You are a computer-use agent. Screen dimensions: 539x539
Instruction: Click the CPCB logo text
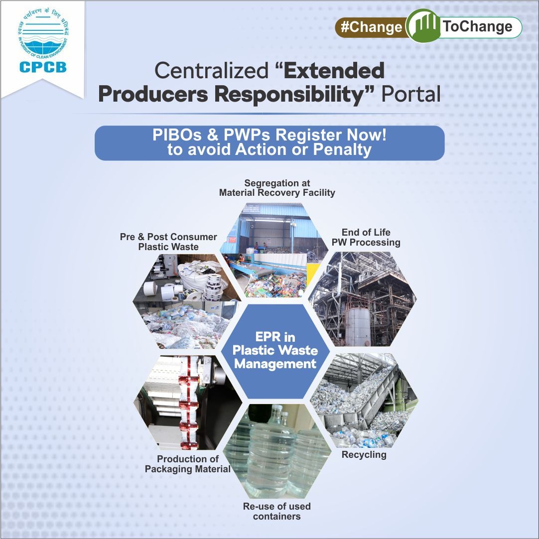pyautogui.click(x=43, y=67)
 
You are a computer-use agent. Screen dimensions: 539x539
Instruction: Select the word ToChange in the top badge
pyautogui.click(x=477, y=27)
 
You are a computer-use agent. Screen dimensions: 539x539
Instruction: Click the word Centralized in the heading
pyautogui.click(x=211, y=71)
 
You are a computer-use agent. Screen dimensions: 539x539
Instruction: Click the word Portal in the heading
pyautogui.click(x=411, y=95)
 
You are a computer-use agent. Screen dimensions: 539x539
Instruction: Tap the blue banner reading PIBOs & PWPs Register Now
pyautogui.click(x=269, y=143)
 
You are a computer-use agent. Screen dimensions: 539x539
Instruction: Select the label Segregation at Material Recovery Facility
pyautogui.click(x=277, y=188)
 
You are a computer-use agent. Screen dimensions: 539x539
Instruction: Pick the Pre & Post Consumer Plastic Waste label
pyautogui.click(x=168, y=242)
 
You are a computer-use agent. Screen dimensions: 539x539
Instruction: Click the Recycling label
pyautogui.click(x=364, y=455)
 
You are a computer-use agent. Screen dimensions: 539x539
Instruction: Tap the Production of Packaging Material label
pyautogui.click(x=188, y=464)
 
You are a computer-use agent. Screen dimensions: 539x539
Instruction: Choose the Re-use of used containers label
pyautogui.click(x=276, y=511)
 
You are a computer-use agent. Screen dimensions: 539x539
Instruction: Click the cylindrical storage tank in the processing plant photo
pyautogui.click(x=358, y=326)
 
